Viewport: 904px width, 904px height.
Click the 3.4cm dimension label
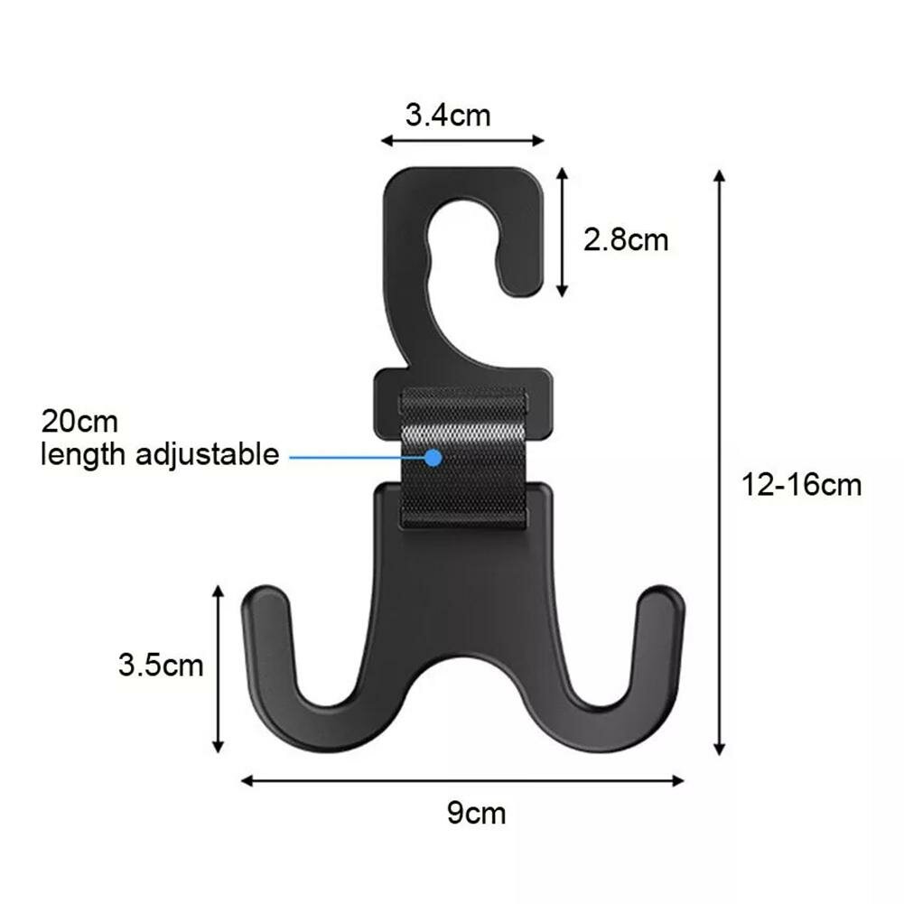[448, 115]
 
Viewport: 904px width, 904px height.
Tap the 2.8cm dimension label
[626, 239]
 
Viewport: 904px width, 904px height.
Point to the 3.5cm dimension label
[161, 665]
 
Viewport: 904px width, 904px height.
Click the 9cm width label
[476, 813]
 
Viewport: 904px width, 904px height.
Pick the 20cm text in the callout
[79, 422]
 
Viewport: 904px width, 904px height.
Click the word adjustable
[208, 455]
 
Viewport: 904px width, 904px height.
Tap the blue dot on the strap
[433, 458]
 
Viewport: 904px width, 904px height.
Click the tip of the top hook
[522, 291]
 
